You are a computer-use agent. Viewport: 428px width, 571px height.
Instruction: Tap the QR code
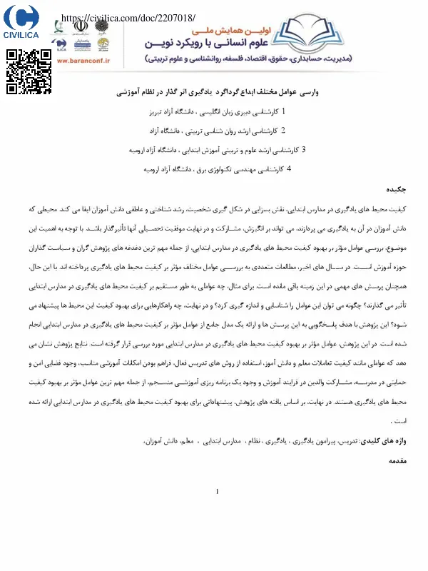[29, 72]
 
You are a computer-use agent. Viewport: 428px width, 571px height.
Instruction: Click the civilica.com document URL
[128, 16]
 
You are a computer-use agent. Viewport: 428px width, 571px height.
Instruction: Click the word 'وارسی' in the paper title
[305, 94]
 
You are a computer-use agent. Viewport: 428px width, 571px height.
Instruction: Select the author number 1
[265, 112]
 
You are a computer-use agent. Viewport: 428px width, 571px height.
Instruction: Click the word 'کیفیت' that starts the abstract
[404, 210]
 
